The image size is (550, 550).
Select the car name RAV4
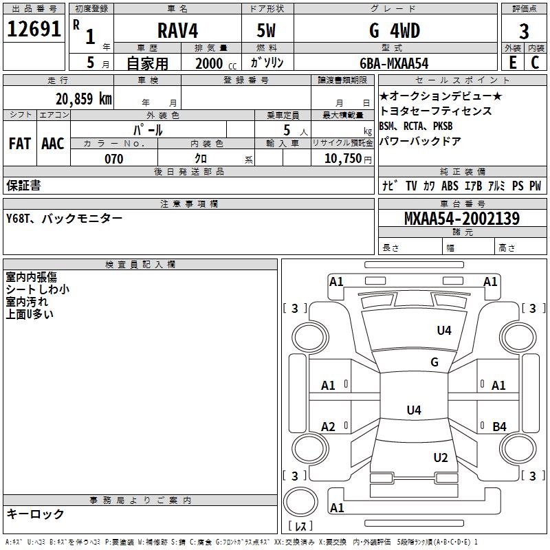click(177, 30)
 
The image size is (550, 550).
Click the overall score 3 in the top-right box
click(524, 31)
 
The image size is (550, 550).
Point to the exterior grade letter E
click(512, 63)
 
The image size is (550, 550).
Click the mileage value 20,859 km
click(83, 98)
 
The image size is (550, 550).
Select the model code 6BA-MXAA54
click(394, 63)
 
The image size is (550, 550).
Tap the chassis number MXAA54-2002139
click(461, 219)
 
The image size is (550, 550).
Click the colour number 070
click(113, 159)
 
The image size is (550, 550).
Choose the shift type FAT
click(20, 143)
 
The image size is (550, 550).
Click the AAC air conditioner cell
click(53, 143)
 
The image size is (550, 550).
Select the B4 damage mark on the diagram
click(499, 427)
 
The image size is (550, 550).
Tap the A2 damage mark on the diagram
click(329, 427)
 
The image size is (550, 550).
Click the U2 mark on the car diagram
click(441, 458)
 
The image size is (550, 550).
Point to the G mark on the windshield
click(434, 362)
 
